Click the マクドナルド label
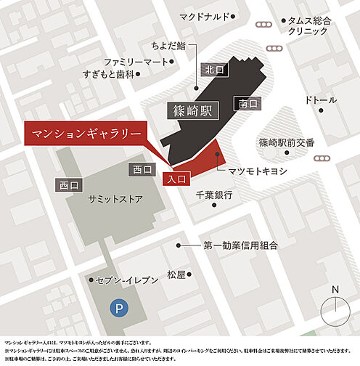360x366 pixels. pos(205,16)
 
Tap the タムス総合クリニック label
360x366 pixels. pos(308,27)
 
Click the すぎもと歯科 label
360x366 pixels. pos(125,75)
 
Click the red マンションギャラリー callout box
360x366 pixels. pos(83,134)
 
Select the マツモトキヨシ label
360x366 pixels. pos(258,171)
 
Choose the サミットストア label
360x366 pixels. pos(115,198)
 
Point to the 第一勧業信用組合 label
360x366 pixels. pos(240,246)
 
